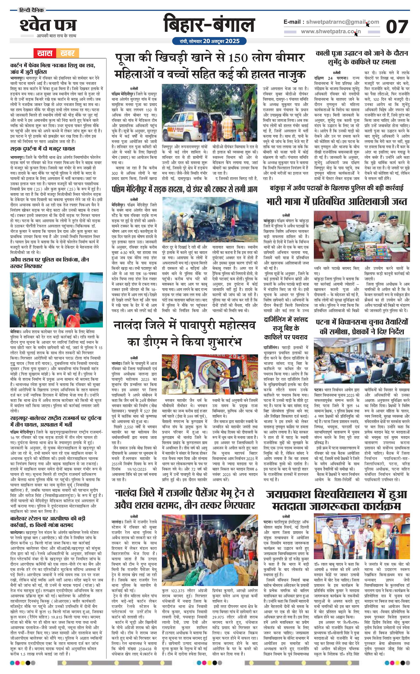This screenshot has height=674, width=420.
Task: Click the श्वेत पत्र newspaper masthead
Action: click(48, 25)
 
